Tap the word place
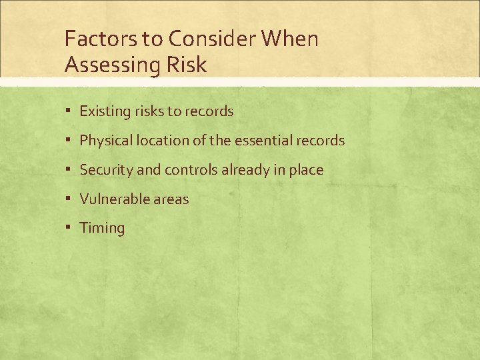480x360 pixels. pyautogui.click(x=307, y=171)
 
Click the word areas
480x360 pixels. pyautogui.click(x=171, y=199)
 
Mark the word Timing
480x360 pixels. pyautogui.click(x=102, y=229)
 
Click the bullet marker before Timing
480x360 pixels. pyautogui.click(x=69, y=227)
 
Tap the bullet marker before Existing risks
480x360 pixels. pyautogui.click(x=69, y=111)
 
